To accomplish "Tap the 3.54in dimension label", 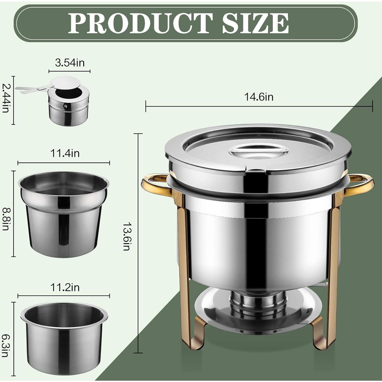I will pos(70,63).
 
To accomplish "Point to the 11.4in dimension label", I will pos(65,153).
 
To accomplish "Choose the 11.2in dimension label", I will pos(65,287).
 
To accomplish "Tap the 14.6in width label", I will pos(258,97).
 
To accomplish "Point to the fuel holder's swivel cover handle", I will pos(31,89).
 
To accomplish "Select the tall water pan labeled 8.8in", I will pos(64,216).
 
